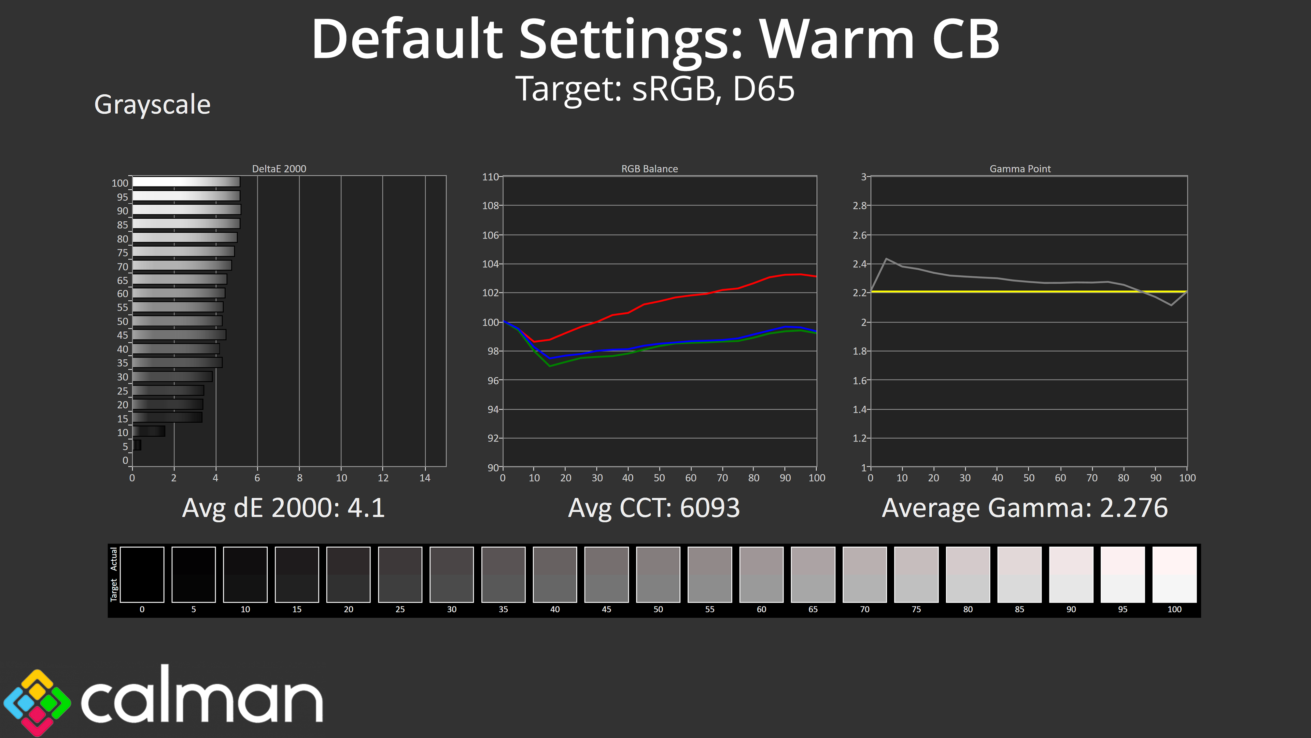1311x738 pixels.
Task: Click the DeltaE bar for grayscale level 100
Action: [x=186, y=182]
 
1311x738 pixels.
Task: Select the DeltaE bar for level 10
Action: [x=149, y=432]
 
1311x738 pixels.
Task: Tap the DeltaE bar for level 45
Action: [x=179, y=334]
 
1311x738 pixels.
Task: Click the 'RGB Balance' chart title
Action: [x=649, y=168]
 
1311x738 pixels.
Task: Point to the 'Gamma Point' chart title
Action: [x=1020, y=168]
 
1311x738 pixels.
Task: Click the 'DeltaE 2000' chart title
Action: [x=279, y=168]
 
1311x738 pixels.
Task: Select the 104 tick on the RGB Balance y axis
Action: [x=490, y=264]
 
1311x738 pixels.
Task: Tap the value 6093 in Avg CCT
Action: [x=709, y=508]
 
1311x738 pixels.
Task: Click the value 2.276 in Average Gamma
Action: [x=1133, y=508]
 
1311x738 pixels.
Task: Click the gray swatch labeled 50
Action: [x=658, y=574]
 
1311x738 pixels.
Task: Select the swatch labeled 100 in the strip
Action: [x=1174, y=574]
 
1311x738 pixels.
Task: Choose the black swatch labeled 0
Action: [x=142, y=574]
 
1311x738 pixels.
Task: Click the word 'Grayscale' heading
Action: [x=152, y=105]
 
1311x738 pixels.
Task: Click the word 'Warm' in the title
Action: [x=837, y=39]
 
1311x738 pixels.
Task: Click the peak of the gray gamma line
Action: [x=886, y=259]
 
